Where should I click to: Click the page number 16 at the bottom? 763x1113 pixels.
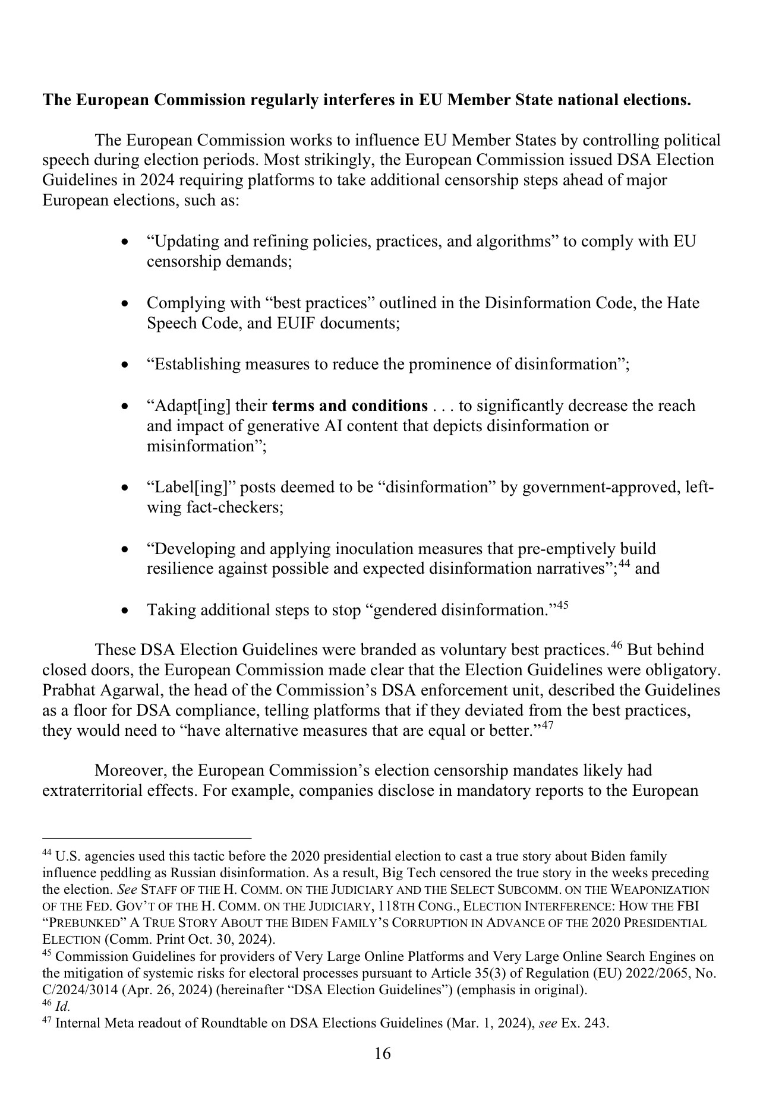click(x=382, y=1054)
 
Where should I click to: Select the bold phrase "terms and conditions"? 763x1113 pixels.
click(x=349, y=406)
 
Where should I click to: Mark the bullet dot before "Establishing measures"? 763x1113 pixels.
click(x=124, y=364)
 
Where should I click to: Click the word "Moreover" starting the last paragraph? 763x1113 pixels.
click(x=130, y=771)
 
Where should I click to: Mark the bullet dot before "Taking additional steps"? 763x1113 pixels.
click(x=124, y=611)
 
